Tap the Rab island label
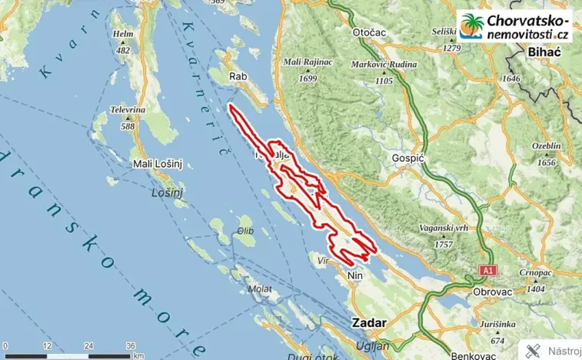click(x=238, y=76)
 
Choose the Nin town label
click(x=354, y=275)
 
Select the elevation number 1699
click(x=308, y=78)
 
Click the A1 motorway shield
click(x=487, y=271)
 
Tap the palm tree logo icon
click(x=470, y=27)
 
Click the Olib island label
click(x=245, y=229)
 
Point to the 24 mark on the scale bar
click(x=89, y=345)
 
